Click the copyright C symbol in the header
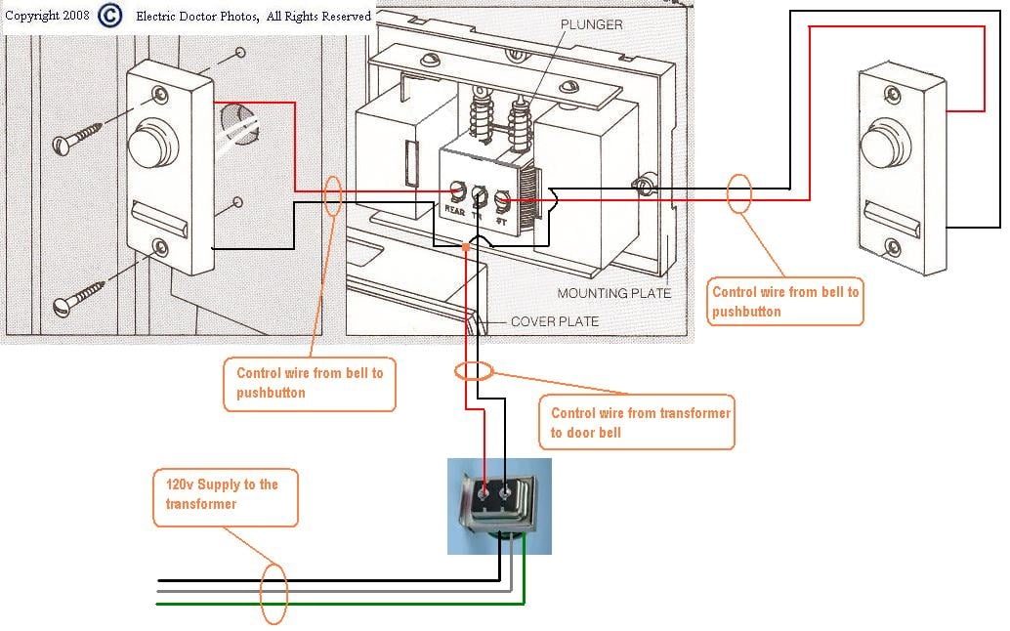point(111,16)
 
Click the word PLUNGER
point(591,24)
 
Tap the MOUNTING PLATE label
point(614,293)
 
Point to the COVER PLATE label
point(555,321)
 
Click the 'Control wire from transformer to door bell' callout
point(636,422)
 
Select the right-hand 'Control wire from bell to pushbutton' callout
point(785,301)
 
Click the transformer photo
point(499,505)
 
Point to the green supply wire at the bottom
point(342,603)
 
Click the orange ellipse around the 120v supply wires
point(274,592)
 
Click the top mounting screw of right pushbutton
point(892,94)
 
